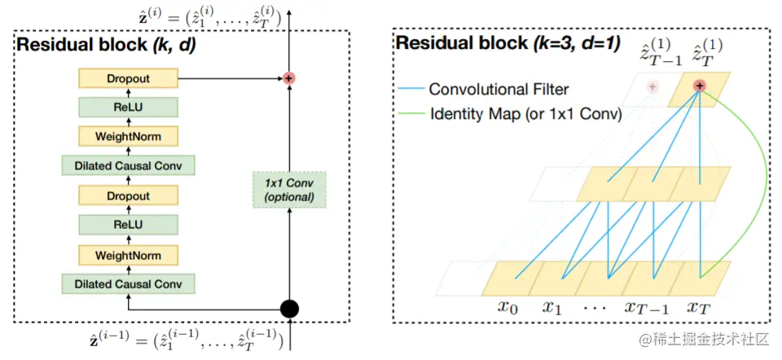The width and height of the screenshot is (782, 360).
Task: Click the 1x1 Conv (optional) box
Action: (289, 189)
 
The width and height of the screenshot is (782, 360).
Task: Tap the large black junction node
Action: (289, 309)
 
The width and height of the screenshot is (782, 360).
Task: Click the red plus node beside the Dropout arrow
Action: (289, 78)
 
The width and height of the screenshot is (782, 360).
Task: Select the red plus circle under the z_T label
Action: (699, 86)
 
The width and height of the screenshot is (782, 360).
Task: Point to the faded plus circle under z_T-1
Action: (652, 86)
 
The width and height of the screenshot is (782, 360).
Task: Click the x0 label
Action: (509, 307)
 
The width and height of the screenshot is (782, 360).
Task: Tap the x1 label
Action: (553, 307)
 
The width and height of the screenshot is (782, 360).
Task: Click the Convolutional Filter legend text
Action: (499, 89)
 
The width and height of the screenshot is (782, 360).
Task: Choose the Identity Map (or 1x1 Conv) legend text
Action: (525, 114)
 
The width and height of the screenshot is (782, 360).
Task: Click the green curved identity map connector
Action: (762, 187)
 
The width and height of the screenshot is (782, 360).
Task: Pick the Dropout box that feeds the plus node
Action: (128, 78)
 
